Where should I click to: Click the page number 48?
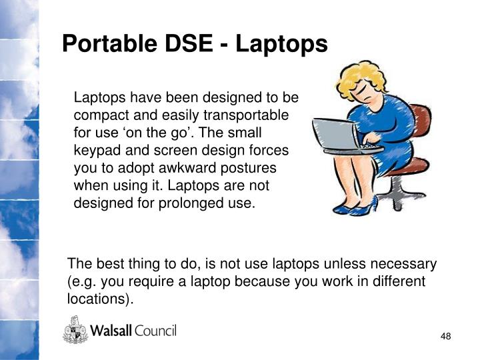[x=446, y=336]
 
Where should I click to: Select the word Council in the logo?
[x=155, y=331]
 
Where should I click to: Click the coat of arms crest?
[x=75, y=330]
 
